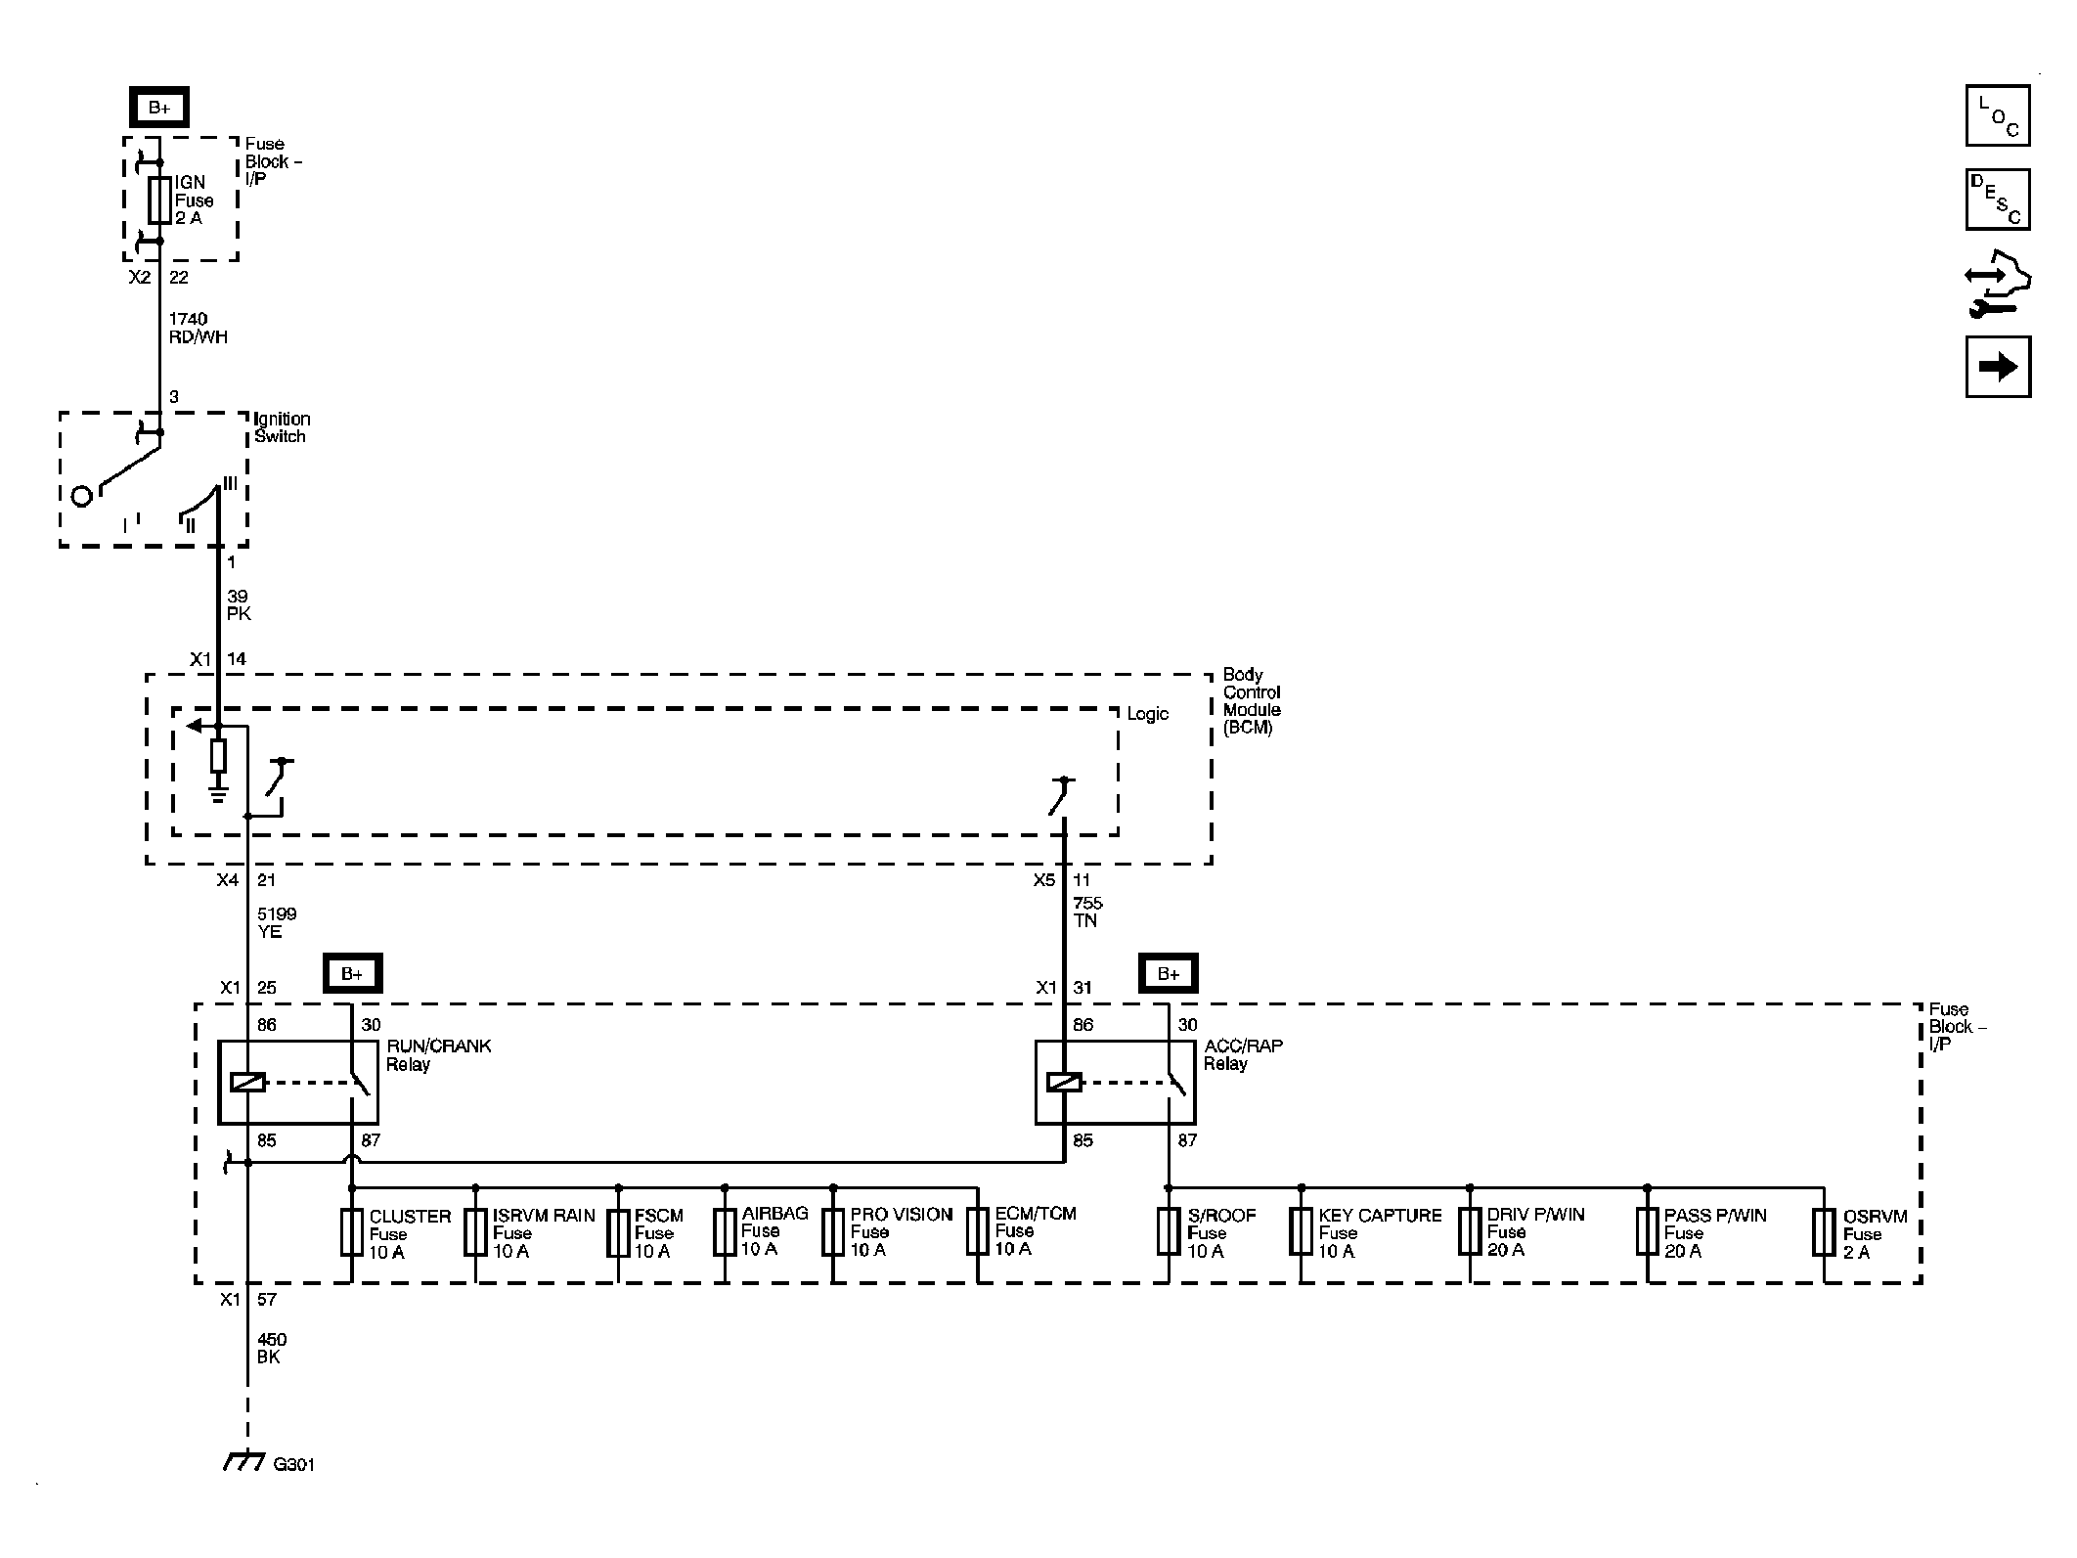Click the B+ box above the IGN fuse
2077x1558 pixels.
tap(158, 108)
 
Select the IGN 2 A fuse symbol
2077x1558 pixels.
tap(159, 200)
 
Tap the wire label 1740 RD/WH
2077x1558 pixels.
tap(198, 328)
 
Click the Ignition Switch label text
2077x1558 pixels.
tap(282, 427)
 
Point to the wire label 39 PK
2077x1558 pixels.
tap(239, 604)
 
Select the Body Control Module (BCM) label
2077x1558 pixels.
tap(1252, 701)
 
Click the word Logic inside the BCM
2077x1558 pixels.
tap(1147, 714)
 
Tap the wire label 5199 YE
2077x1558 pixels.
tap(277, 922)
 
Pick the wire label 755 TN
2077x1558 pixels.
tap(1087, 912)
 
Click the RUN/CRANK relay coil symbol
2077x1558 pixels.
tap(247, 1082)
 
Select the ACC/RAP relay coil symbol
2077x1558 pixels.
tap(1064, 1082)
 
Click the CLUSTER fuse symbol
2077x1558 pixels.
tap(352, 1232)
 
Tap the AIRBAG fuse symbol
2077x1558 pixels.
tap(725, 1232)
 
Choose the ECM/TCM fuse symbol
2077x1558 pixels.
tap(978, 1232)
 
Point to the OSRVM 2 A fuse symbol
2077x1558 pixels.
tap(1824, 1232)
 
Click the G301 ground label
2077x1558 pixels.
tap(293, 1465)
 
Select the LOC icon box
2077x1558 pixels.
tap(1998, 115)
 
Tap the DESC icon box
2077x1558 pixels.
tap(1998, 200)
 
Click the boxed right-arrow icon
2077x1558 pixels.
tap(1998, 367)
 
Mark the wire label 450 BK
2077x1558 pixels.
tap(271, 1349)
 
